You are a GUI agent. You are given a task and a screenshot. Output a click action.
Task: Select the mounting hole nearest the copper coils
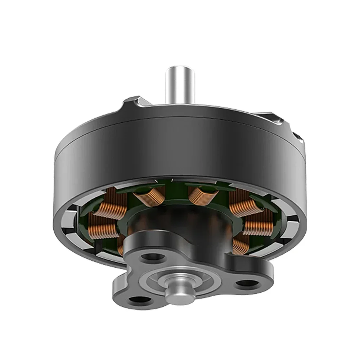[x=153, y=257]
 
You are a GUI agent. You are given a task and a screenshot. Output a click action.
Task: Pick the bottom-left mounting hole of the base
[x=139, y=299]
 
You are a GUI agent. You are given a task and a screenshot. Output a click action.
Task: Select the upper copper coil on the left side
[x=107, y=209]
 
